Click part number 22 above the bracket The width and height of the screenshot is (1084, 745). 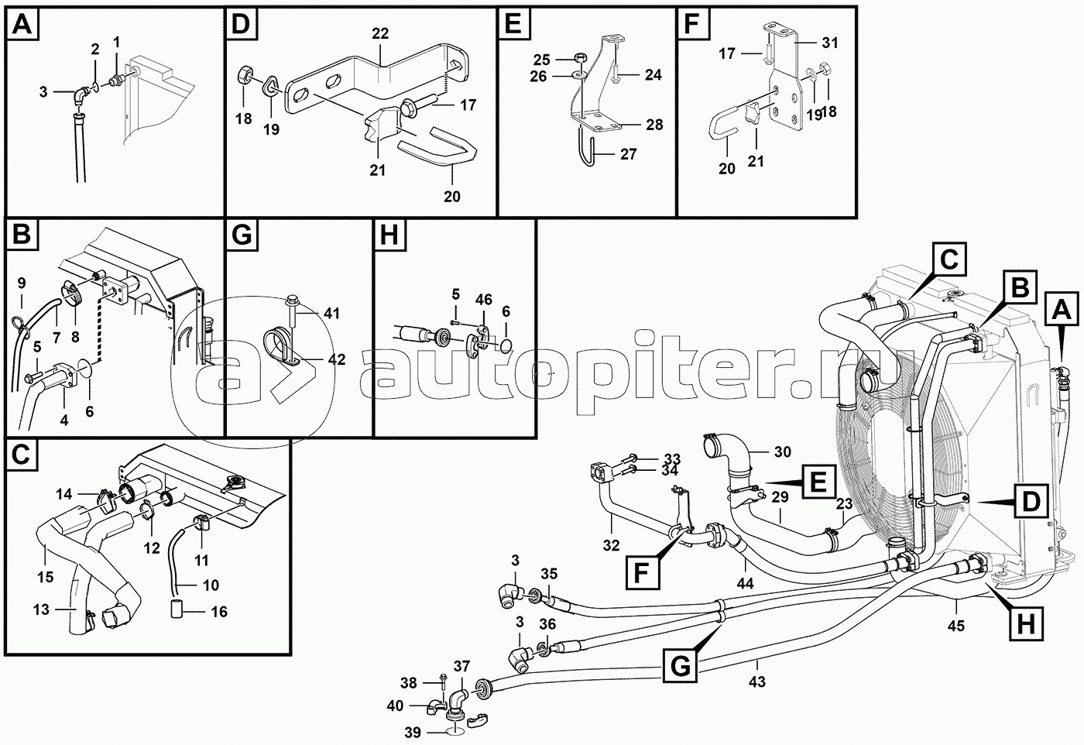[379, 33]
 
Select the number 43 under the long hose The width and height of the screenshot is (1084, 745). [757, 681]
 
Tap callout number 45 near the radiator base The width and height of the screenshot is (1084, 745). [956, 626]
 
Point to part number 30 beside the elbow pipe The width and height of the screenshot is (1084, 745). [783, 452]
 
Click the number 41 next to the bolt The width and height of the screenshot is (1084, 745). [331, 313]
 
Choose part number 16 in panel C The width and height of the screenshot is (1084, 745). [219, 612]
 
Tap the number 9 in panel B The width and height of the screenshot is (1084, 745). [21, 283]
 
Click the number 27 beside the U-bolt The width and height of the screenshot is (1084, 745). [628, 154]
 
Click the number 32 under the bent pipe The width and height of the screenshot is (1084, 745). [611, 545]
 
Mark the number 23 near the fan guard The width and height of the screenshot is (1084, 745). [843, 503]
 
